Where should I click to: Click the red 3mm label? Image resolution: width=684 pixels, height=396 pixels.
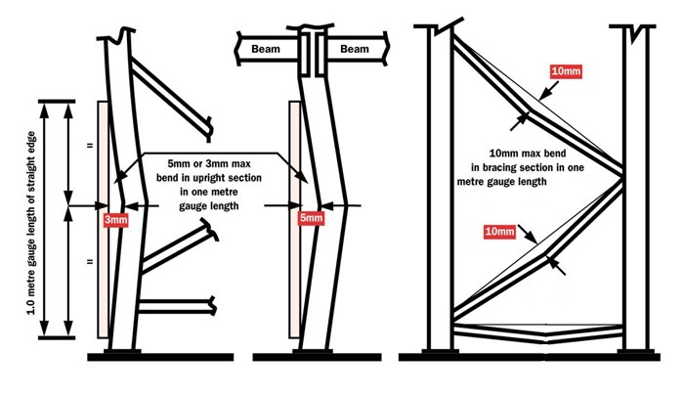tap(115, 220)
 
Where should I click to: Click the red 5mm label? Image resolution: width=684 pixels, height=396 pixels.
tap(311, 219)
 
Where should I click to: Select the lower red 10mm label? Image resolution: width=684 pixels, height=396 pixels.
tap(497, 232)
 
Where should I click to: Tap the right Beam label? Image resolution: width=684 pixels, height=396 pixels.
tap(355, 48)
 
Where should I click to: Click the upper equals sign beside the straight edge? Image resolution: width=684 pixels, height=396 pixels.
tap(90, 147)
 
